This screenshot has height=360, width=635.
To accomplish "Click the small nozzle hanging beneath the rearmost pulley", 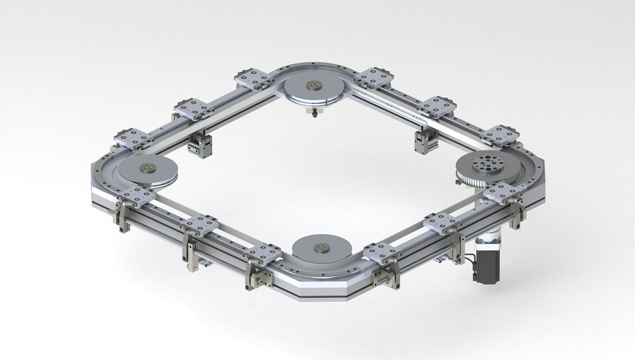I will pos(313,114).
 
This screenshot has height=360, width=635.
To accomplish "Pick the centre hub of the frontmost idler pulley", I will pos(321,247).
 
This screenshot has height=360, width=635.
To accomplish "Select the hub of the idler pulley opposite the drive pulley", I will pos(147,169).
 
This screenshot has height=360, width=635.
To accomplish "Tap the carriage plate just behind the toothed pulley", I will pos(499,135).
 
